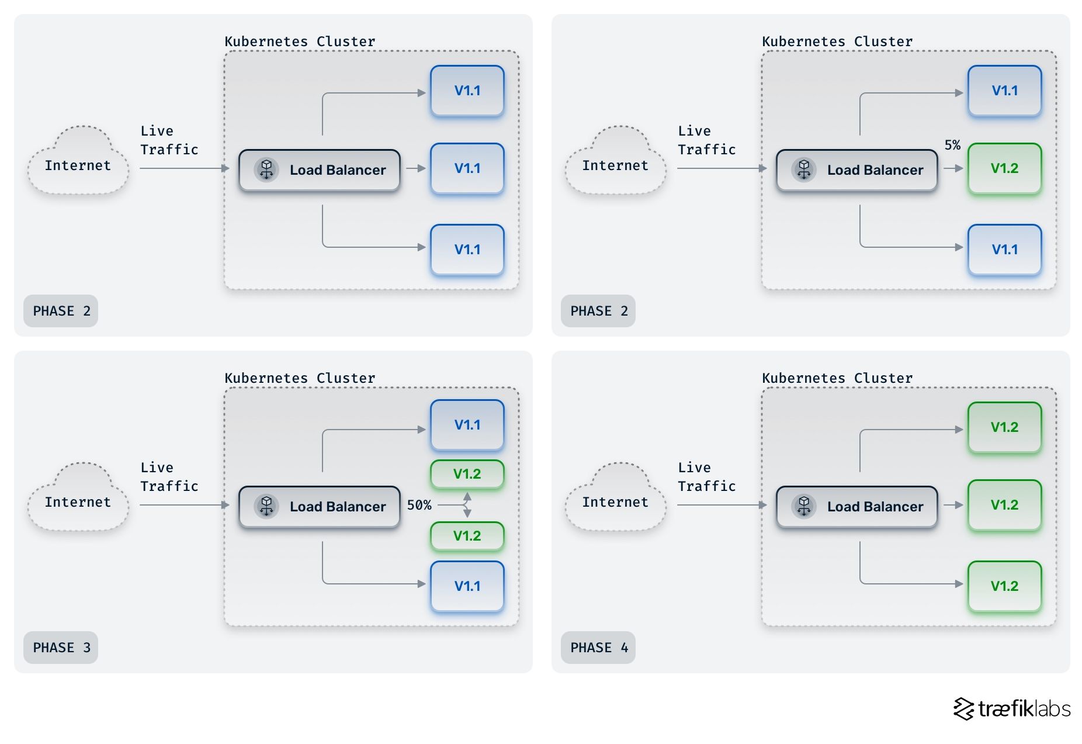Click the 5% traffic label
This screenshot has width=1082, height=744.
(952, 145)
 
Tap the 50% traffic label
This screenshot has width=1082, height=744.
(419, 505)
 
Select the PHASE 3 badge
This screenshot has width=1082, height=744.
(61, 648)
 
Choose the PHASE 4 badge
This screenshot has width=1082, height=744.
(598, 648)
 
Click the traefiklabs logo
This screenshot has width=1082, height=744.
(1012, 709)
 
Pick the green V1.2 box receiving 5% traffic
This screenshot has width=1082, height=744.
(1004, 168)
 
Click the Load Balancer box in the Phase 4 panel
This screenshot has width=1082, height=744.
(856, 507)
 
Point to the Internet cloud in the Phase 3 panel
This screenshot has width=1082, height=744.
(78, 499)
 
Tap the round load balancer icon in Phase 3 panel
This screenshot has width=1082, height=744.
(266, 506)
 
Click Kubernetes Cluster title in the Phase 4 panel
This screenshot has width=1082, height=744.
(837, 378)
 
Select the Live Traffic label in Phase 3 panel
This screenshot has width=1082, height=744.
(169, 477)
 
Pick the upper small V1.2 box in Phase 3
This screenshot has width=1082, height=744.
(467, 474)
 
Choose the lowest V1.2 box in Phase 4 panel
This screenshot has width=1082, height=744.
(1004, 586)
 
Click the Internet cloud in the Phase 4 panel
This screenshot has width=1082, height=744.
(615, 499)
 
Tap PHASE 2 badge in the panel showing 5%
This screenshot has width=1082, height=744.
(598, 311)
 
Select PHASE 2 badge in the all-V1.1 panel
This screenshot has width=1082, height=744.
(61, 311)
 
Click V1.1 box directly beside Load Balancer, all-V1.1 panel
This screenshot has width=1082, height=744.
(467, 168)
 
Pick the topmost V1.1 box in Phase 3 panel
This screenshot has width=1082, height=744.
(467, 425)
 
